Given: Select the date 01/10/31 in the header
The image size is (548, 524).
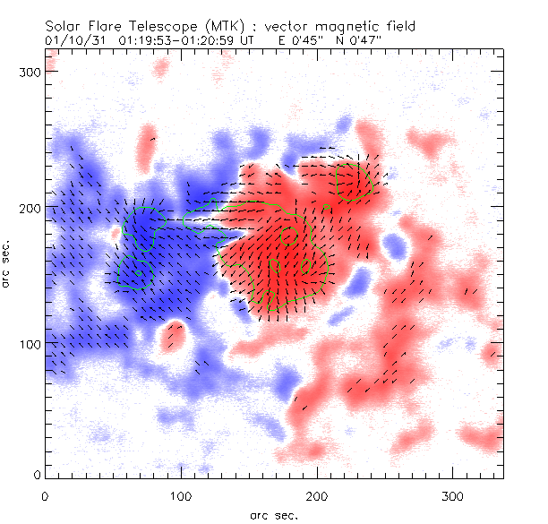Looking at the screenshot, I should pyautogui.click(x=76, y=41).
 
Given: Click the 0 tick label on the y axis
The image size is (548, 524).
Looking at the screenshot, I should pyautogui.click(x=37, y=474).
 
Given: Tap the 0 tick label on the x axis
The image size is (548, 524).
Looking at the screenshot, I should pyautogui.click(x=45, y=495).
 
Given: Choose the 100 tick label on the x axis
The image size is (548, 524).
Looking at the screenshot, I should pyautogui.click(x=181, y=495).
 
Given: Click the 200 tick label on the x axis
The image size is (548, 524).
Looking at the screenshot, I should pyautogui.click(x=317, y=495).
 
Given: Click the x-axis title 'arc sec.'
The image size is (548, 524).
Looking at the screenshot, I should pyautogui.click(x=273, y=513).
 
